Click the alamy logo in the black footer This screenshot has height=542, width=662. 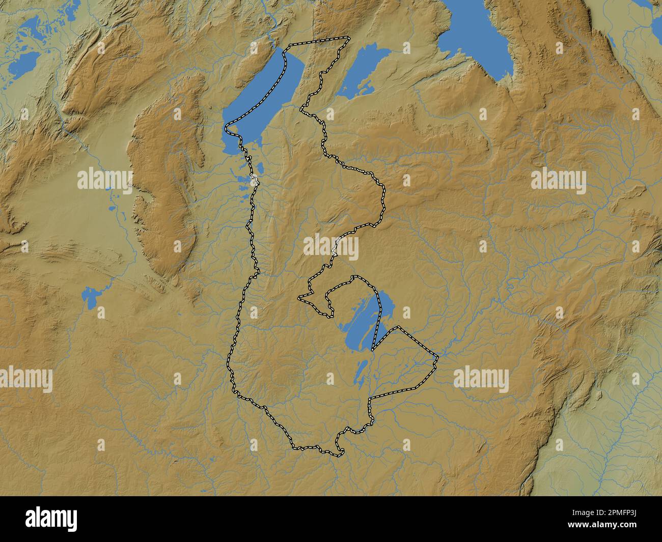(x=51, y=519)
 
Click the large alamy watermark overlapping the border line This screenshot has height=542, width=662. (x=331, y=247)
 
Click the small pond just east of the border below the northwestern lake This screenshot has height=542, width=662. (x=259, y=167)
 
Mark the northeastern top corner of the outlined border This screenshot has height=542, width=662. (x=349, y=37)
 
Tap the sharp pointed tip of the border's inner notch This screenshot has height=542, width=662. (x=299, y=297)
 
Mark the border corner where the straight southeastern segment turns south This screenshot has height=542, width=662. (x=370, y=398)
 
